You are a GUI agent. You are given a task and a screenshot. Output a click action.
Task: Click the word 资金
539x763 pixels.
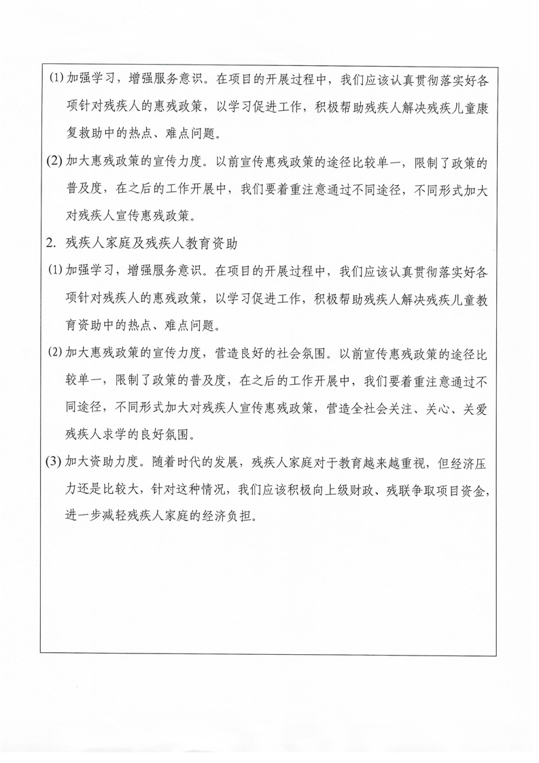[x=473, y=490]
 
